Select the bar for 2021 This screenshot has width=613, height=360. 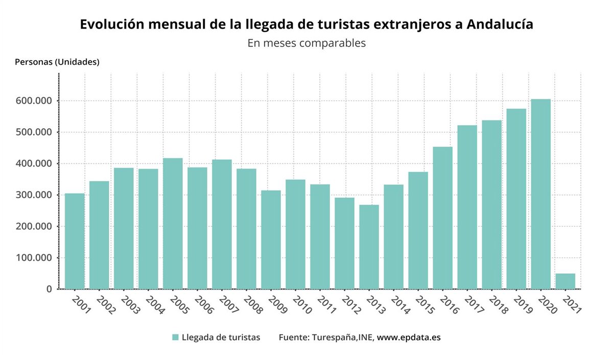[565, 281]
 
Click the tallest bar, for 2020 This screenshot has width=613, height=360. [540, 194]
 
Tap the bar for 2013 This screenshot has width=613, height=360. [369, 247]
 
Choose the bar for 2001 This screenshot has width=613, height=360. [75, 241]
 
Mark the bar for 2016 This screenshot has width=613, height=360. [442, 218]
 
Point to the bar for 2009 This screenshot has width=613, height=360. [271, 239]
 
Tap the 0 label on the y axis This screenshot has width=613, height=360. [49, 289]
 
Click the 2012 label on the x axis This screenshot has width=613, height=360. [351, 305]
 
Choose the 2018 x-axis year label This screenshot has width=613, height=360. [499, 305]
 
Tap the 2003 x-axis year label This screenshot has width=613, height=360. [131, 305]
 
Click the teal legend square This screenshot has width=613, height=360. [175, 338]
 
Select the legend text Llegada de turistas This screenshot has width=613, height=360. [221, 338]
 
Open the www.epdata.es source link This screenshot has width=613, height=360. [409, 338]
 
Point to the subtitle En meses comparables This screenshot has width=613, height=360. [306, 43]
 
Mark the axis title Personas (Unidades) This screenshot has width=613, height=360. [57, 62]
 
